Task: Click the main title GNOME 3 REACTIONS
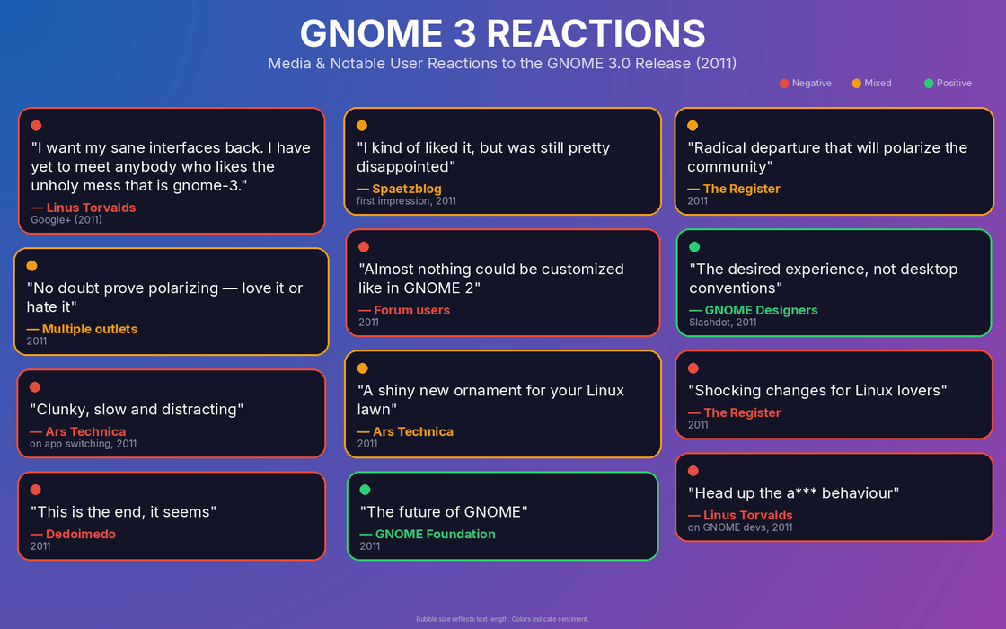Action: coord(502,33)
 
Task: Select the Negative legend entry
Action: coord(805,83)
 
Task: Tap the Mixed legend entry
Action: coord(871,83)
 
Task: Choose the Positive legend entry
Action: coord(948,83)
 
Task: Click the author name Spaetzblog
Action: coord(407,189)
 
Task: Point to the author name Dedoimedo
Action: coord(81,534)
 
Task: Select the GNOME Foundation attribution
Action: coord(435,534)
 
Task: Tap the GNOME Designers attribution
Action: coord(761,310)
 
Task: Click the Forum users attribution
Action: coord(412,310)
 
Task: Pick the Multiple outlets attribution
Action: coord(90,329)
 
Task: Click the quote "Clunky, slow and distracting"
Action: coord(137,410)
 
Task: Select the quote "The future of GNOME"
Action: coord(444,512)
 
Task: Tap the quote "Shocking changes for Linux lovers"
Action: coord(817,391)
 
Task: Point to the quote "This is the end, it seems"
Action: coord(123,512)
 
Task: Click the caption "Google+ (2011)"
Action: coord(66,219)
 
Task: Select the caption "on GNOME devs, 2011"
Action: coord(740,527)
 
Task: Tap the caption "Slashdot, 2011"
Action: coord(722,323)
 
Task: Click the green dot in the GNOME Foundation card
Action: coord(365,490)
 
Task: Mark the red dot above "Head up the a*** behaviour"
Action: coord(693,471)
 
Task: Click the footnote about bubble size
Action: coord(502,619)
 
